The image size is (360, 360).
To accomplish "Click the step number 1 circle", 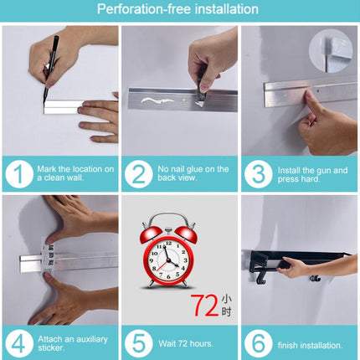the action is tap(19, 174).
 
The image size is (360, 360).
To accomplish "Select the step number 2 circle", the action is tap(138, 174).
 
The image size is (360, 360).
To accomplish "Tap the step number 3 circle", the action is tap(258, 174).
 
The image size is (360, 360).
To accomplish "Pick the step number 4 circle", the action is tap(19, 343).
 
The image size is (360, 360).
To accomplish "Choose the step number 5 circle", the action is tap(138, 343).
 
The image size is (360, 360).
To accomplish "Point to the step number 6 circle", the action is tap(258, 343).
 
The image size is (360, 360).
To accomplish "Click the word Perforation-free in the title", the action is tap(144, 9).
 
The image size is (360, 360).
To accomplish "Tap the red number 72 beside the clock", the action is tap(204, 306).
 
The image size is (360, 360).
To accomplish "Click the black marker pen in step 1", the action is tap(50, 69).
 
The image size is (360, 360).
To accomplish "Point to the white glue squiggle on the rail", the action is tap(157, 100).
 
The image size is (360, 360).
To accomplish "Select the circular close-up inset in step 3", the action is tap(331, 51).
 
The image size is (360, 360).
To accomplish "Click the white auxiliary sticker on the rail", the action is tap(48, 257).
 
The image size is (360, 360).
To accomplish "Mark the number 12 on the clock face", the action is tap(168, 244).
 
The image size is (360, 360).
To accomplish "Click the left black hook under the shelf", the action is tap(260, 278).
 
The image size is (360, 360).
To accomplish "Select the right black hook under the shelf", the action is tap(315, 278).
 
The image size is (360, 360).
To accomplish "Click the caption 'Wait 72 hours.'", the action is tap(186, 343).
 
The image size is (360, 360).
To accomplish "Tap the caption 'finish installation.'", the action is tap(310, 345).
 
